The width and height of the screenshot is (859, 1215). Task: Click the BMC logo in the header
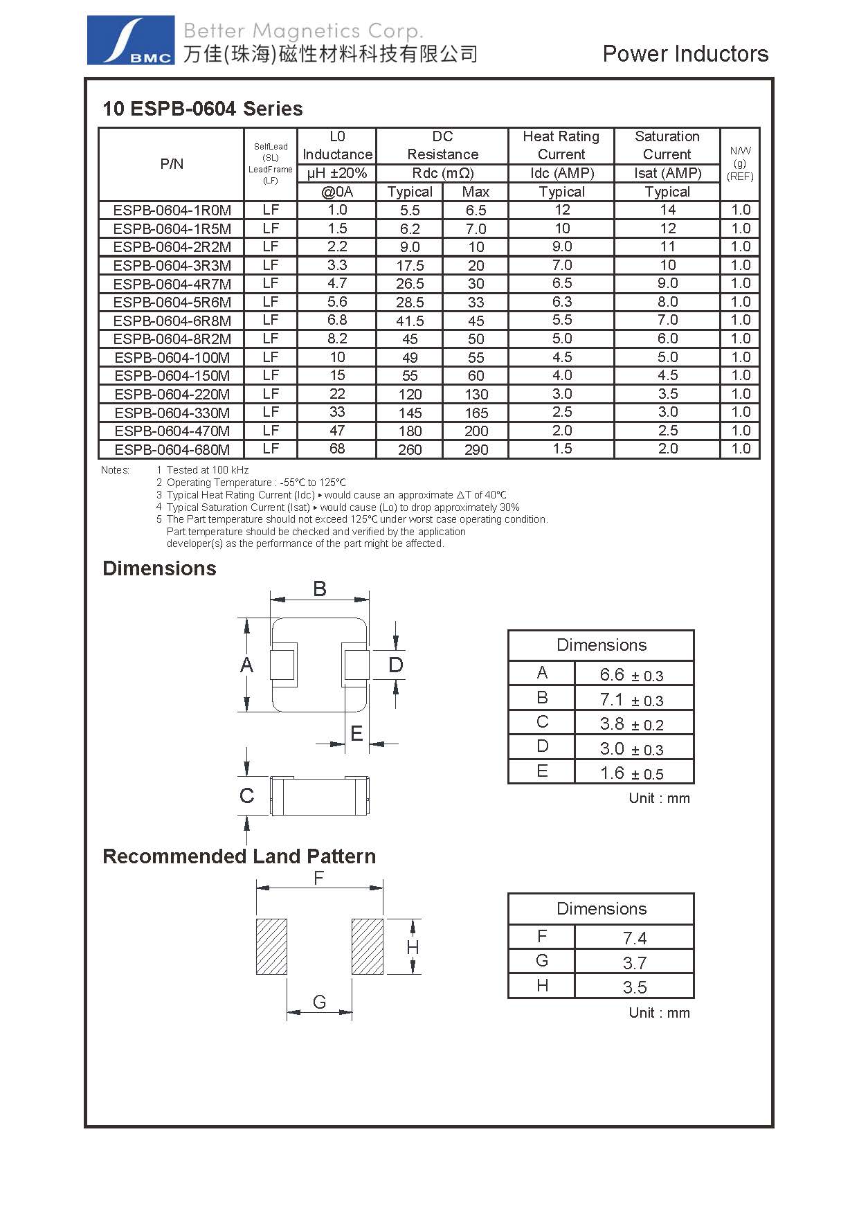130,41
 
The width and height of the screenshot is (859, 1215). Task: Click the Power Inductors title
685,54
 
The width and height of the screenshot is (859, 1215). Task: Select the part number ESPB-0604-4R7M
172,284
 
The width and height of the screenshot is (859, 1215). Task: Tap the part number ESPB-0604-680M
172,449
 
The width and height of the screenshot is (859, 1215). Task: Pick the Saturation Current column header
667,145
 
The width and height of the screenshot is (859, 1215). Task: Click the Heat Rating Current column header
561,145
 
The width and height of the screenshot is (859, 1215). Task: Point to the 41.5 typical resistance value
410,321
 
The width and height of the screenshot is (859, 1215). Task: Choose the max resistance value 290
476,449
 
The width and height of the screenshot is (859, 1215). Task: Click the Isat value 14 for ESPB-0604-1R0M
667,210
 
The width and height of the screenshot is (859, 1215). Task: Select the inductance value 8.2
337,339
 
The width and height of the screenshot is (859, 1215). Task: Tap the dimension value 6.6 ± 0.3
631,674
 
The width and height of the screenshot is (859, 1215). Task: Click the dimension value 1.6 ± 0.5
631,773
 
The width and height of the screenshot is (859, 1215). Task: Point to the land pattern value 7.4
634,938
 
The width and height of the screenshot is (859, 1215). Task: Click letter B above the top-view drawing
319,589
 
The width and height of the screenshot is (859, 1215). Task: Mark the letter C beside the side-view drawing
246,795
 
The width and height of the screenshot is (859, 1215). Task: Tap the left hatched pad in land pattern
271,946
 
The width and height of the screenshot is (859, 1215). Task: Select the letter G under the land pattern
319,1002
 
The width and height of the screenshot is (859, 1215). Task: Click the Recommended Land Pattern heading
239,856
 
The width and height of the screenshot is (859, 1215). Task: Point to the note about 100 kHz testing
207,470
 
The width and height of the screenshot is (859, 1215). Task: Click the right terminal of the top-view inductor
354,665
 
